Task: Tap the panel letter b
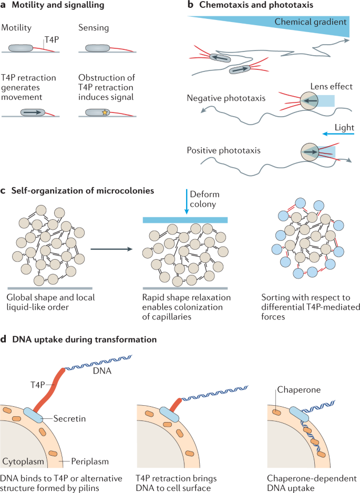191,6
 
